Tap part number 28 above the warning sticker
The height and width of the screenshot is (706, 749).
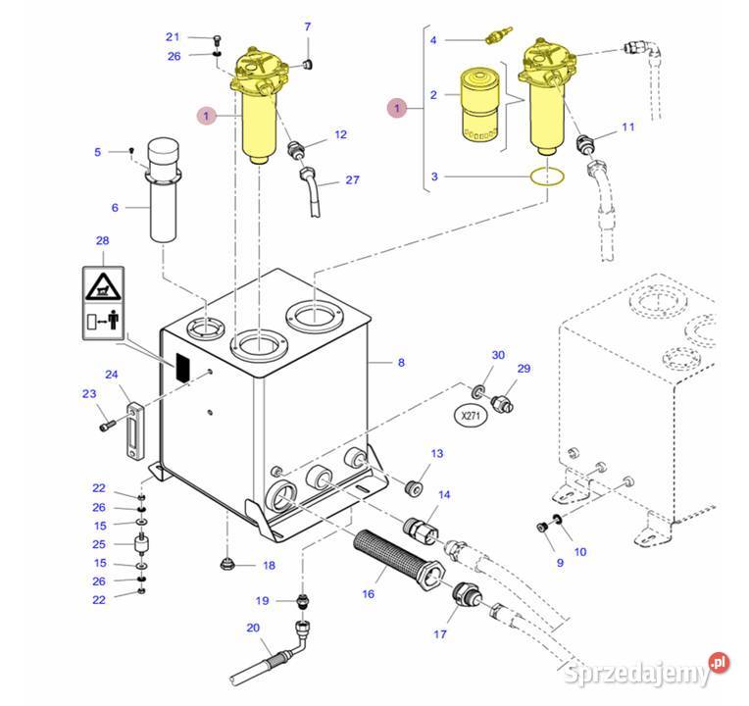pyautogui.click(x=102, y=240)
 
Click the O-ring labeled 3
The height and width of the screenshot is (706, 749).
pyautogui.click(x=545, y=176)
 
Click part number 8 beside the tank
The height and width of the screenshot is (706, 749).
pyautogui.click(x=401, y=363)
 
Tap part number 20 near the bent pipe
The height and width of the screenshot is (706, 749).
pyautogui.click(x=252, y=628)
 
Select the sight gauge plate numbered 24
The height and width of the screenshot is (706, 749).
pyautogui.click(x=131, y=422)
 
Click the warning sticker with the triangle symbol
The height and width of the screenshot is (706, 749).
pyautogui.click(x=102, y=286)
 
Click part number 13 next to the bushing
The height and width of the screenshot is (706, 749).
pyautogui.click(x=437, y=453)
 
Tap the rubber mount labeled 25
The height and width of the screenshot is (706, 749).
pyautogui.click(x=142, y=544)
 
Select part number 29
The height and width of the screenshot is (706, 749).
pyautogui.click(x=524, y=368)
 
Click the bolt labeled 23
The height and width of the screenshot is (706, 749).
pyautogui.click(x=107, y=426)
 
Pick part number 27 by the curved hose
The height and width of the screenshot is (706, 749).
pyautogui.click(x=353, y=180)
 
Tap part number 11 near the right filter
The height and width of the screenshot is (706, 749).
pyautogui.click(x=628, y=127)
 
